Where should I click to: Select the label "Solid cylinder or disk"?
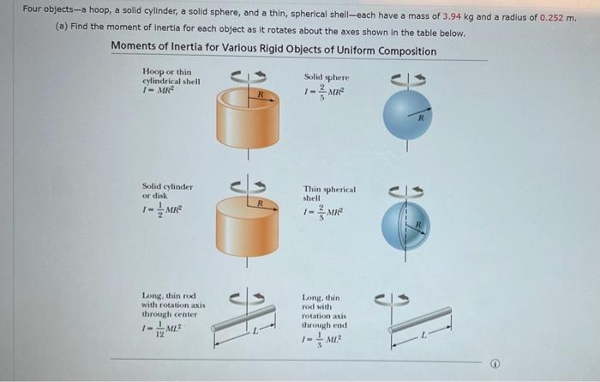coord(167,190)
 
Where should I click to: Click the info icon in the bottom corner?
coord(494,364)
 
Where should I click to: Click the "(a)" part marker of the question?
coord(61,33)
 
